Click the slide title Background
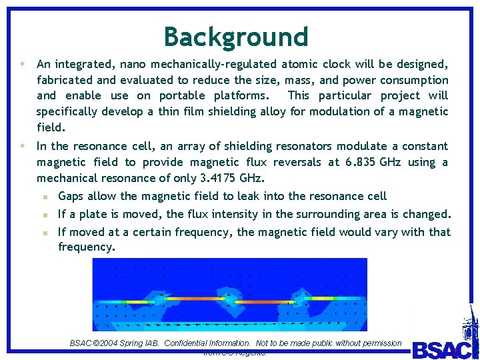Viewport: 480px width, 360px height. click(236, 37)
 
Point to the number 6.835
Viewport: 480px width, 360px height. click(359, 162)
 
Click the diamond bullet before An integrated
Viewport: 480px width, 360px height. click(23, 64)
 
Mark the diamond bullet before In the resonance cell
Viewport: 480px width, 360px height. click(23, 145)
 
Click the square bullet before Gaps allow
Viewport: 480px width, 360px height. click(45, 197)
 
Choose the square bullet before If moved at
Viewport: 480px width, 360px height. click(45, 233)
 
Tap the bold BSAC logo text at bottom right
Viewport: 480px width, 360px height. click(440, 349)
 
